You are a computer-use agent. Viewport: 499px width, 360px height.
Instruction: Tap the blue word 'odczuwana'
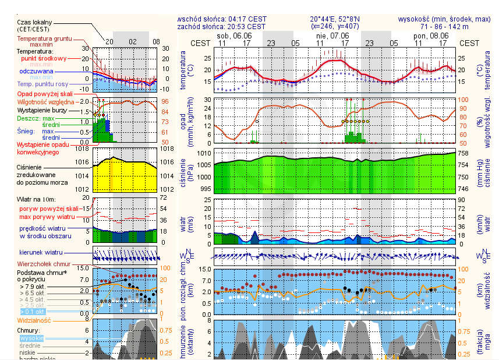tap(36, 71)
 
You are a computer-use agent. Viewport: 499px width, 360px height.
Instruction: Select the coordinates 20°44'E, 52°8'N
tap(338, 19)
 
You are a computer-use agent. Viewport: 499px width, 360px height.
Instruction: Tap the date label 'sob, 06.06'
tap(234, 36)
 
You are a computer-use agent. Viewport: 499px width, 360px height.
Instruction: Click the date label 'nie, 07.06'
tap(333, 36)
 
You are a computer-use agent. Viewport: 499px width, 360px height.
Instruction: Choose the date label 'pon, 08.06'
tap(431, 36)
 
